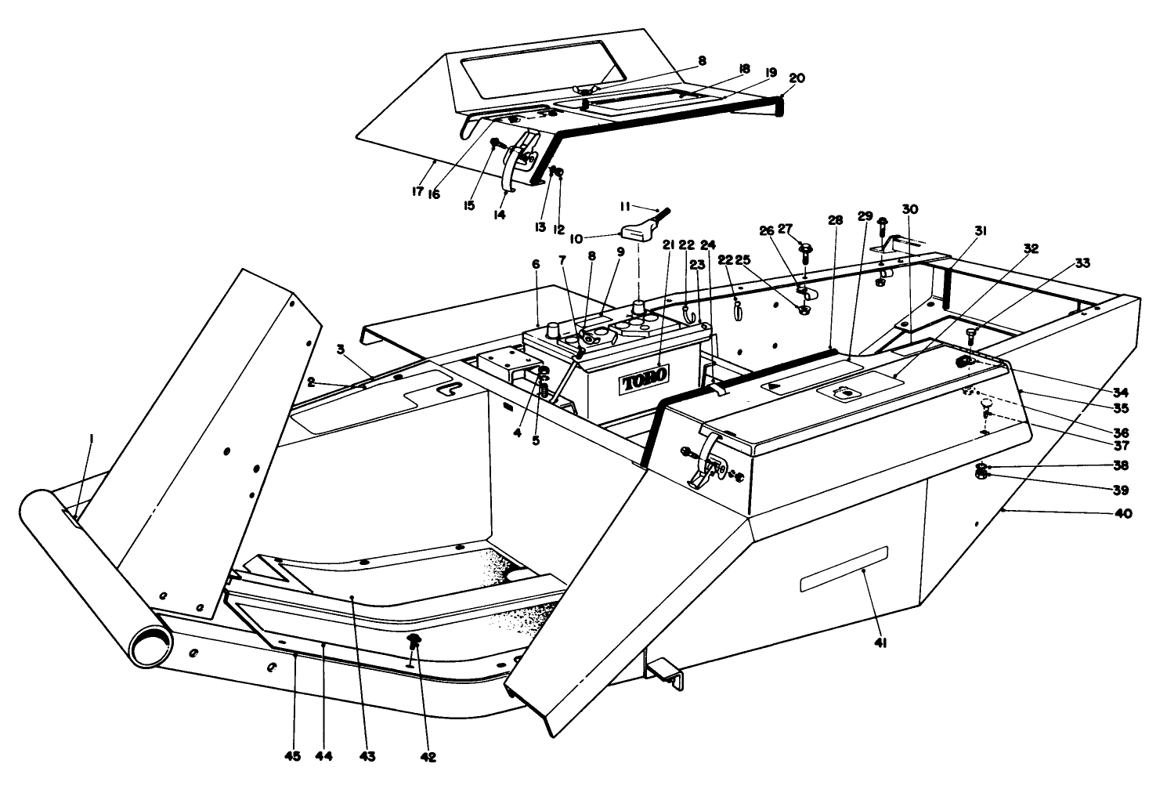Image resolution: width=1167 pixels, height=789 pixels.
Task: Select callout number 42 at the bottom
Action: (x=428, y=757)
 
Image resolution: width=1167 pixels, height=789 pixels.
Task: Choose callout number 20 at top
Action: (x=797, y=78)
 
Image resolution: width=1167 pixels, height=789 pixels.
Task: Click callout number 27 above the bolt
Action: (x=786, y=229)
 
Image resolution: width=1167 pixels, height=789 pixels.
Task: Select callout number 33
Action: (x=1082, y=263)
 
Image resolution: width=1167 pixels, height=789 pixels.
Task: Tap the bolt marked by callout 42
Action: (x=414, y=643)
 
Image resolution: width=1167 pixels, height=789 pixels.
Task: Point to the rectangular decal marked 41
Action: (x=844, y=569)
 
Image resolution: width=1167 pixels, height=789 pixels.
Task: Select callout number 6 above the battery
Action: (x=536, y=265)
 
